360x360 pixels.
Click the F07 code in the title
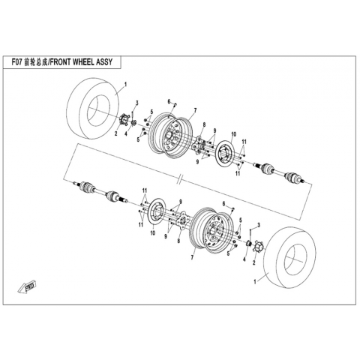tap(17, 62)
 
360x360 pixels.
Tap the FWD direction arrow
tap(28, 286)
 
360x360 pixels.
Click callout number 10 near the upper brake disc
tap(233, 134)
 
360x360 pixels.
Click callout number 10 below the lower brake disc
tap(153, 232)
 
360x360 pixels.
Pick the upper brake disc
tap(225, 154)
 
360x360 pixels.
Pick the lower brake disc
tap(157, 212)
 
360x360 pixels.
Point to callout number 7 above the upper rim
tap(195, 110)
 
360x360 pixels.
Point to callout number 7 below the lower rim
tap(192, 257)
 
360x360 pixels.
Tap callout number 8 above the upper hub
tap(204, 124)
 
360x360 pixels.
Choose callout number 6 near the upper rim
tap(169, 101)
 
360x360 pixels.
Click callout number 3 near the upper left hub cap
tap(137, 103)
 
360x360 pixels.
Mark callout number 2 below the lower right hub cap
tap(254, 262)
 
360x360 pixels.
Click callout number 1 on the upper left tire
tap(126, 85)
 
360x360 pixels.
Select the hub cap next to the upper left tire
tap(124, 119)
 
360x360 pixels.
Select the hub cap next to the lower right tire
tap(257, 246)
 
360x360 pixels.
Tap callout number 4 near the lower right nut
tap(244, 259)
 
